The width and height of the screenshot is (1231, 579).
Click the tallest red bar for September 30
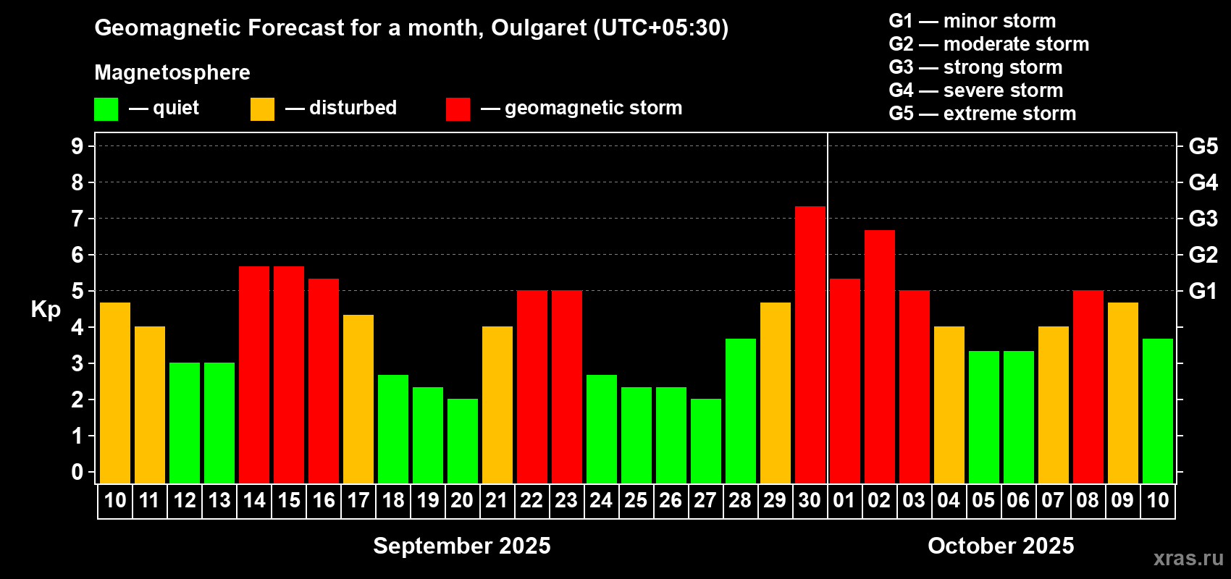(810, 345)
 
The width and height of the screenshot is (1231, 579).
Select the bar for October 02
(879, 357)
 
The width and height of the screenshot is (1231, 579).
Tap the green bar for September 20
(462, 441)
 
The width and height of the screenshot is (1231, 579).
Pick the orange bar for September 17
(358, 399)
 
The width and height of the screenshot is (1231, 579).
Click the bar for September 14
(254, 375)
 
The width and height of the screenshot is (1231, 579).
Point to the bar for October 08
(1088, 386)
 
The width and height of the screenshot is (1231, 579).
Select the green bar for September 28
(740, 411)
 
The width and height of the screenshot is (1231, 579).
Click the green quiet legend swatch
(106, 109)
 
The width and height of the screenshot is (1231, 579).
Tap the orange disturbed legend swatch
(262, 109)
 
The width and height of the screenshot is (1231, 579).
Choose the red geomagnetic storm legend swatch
(458, 109)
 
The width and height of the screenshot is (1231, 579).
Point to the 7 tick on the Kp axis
(77, 219)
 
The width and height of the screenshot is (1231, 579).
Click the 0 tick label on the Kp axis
(77, 472)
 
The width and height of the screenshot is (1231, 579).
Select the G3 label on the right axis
(1203, 219)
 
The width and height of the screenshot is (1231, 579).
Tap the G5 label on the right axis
(1203, 146)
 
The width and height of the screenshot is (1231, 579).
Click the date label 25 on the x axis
(636, 500)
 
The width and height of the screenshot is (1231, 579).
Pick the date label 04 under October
(949, 500)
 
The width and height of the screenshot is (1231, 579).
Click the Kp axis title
(46, 310)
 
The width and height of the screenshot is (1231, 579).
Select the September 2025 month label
(462, 546)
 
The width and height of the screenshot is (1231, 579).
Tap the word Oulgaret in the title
(539, 28)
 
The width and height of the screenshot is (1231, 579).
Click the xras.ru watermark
(1188, 558)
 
